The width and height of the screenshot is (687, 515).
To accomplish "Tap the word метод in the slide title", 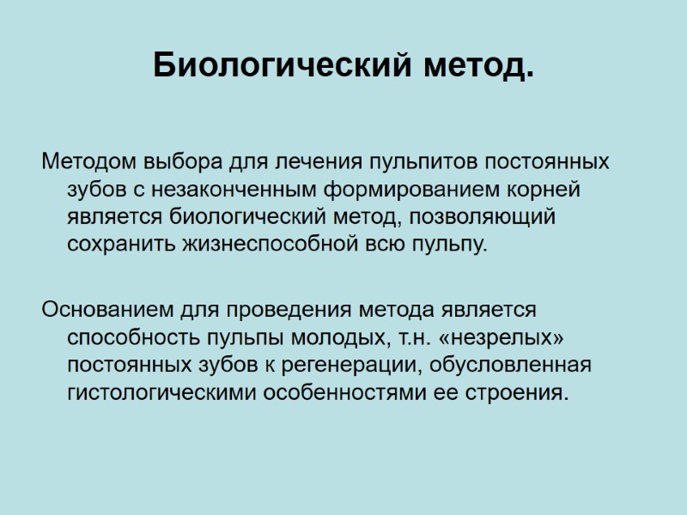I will pyautogui.click(x=473, y=65).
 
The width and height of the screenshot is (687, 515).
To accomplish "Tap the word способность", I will pyautogui.click(x=127, y=336).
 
